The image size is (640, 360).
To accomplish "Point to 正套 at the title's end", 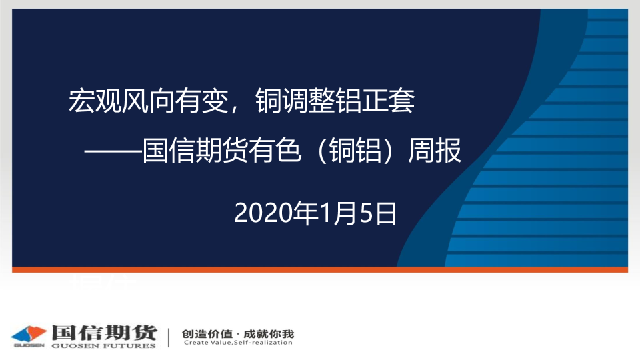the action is pyautogui.click(x=388, y=101).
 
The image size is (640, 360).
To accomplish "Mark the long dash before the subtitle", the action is pyautogui.click(x=113, y=151).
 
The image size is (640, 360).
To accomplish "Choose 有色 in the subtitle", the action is pyautogui.click(x=275, y=151).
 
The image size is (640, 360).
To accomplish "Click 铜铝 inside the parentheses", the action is pyautogui.click(x=355, y=151).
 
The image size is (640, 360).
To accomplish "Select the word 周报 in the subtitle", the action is pyautogui.click(x=435, y=151).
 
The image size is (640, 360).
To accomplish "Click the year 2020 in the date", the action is pyautogui.click(x=264, y=213).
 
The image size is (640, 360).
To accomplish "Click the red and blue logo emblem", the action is pyautogui.click(x=29, y=335).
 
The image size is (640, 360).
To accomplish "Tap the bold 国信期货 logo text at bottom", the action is pyautogui.click(x=105, y=333).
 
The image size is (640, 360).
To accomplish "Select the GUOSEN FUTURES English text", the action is pyautogui.click(x=104, y=346).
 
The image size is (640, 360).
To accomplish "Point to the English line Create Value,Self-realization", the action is pyautogui.click(x=238, y=343).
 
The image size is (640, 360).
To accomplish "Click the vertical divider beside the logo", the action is pyautogui.click(x=169, y=337).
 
